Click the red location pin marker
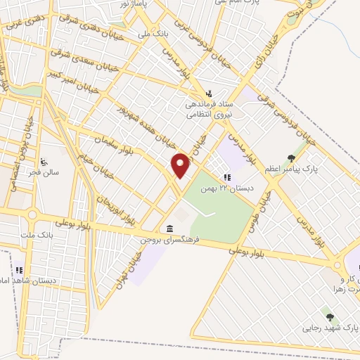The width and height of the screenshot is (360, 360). pyautogui.click(x=181, y=165)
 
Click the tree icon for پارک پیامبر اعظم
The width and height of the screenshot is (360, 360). pyautogui.click(x=291, y=158)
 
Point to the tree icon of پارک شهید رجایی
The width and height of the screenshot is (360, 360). pyautogui.click(x=328, y=317)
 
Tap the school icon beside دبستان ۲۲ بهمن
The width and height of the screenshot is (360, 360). pyautogui.click(x=226, y=177)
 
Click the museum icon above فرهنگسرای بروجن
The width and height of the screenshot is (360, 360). pyautogui.click(x=170, y=228)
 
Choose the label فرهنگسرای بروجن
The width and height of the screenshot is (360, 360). pyautogui.click(x=170, y=240)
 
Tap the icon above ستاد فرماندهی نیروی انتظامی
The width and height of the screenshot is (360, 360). pyautogui.click(x=208, y=94)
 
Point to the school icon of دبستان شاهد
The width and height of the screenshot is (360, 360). pyautogui.click(x=20, y=269)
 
